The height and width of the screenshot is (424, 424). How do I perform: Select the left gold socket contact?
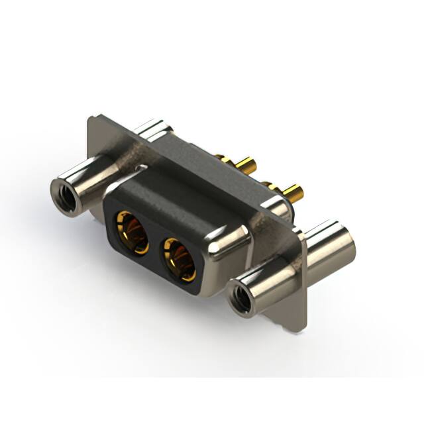[133, 231]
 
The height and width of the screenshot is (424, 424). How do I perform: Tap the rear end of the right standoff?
[331, 242]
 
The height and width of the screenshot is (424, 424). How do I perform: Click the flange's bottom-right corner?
[302, 328]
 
